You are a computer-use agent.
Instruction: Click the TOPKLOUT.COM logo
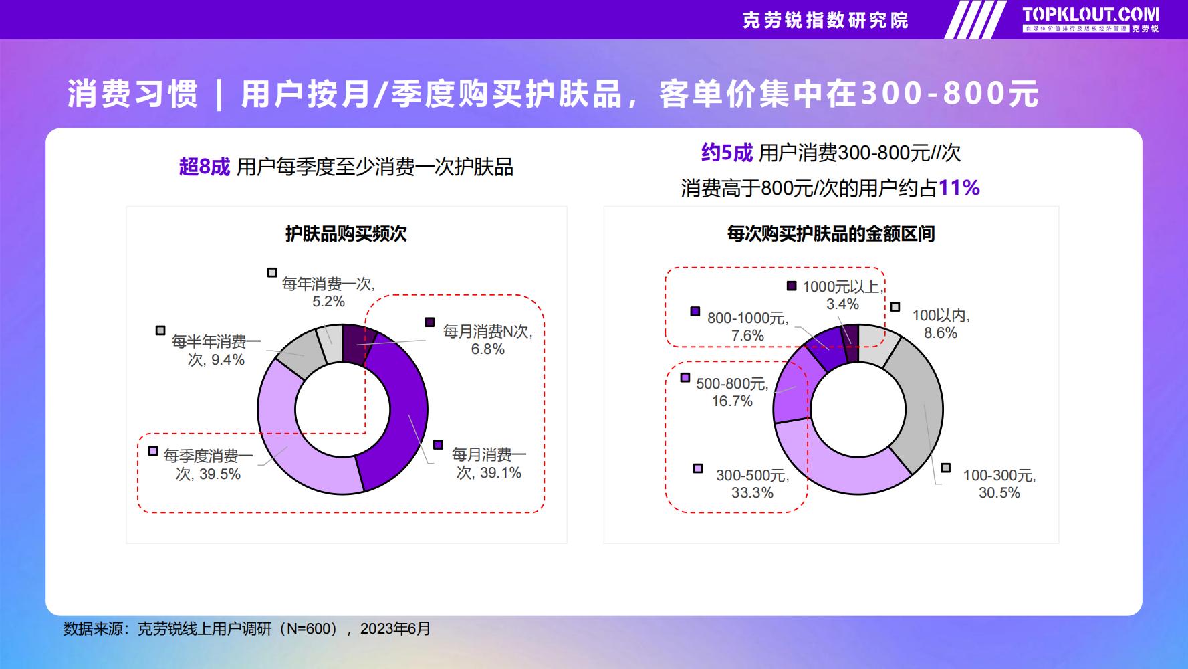pos(1090,19)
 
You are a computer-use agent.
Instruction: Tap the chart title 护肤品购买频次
pos(346,233)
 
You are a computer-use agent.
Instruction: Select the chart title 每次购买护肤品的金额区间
pos(831,233)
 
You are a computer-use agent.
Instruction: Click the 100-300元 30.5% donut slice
pos(919,408)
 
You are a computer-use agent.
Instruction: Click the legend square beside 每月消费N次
pos(430,322)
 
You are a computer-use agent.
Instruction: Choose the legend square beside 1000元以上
pos(792,286)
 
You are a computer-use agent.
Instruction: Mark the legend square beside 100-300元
pos(945,468)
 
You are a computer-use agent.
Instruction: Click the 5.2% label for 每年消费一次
pos(329,302)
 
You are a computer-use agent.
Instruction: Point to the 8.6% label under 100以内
pos(941,333)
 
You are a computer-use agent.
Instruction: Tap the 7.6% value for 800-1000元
pos(747,336)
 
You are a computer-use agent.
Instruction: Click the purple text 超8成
pos(205,167)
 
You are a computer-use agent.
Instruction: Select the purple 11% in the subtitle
pos(959,188)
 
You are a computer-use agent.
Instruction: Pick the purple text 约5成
pos(727,153)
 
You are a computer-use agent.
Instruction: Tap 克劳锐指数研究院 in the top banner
pos(826,20)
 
